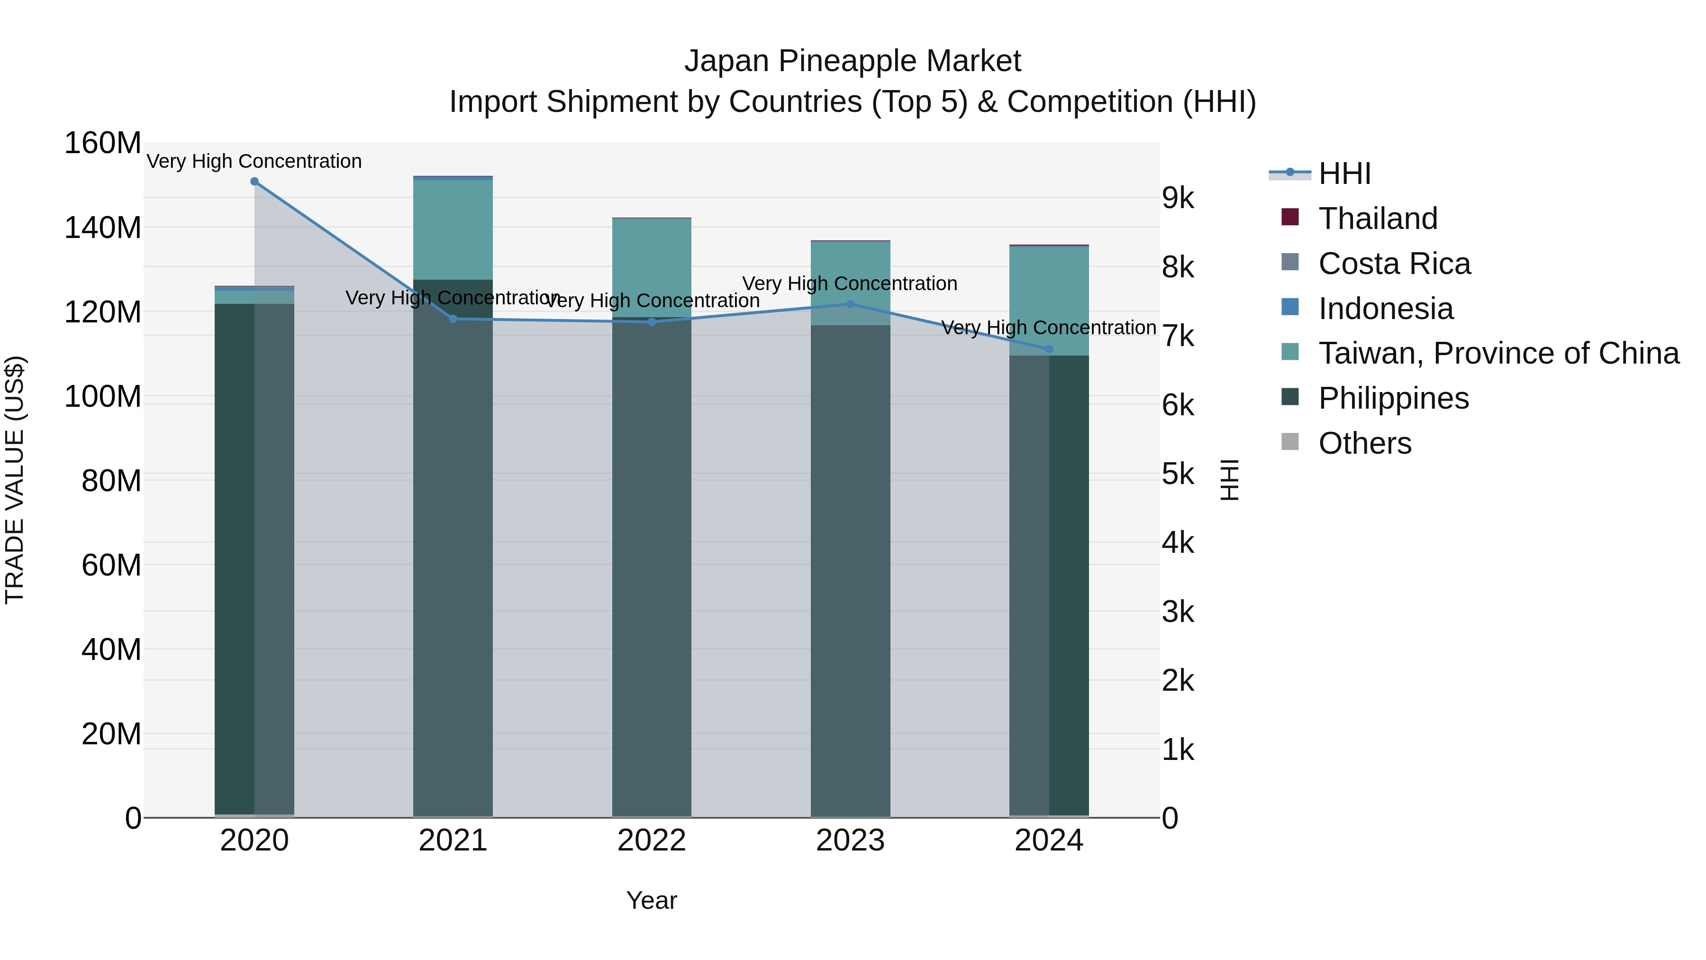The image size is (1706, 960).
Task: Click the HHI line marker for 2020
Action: (x=254, y=182)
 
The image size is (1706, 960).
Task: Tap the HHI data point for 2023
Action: (x=850, y=304)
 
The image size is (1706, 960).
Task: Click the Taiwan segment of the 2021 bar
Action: (x=453, y=229)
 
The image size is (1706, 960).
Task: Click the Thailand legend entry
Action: (x=1378, y=219)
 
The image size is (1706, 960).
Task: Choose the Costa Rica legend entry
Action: (x=1394, y=264)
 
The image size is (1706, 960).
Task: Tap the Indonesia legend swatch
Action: (x=1290, y=307)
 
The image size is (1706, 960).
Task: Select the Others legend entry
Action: (x=1364, y=443)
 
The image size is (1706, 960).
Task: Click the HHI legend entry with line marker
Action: (x=1344, y=174)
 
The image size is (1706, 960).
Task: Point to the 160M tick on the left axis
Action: (x=103, y=143)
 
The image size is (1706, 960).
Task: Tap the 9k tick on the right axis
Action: (x=1178, y=198)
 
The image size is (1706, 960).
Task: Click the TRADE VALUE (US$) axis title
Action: (x=15, y=480)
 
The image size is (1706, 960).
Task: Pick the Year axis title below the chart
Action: (x=652, y=900)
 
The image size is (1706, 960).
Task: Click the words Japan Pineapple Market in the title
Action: (x=853, y=61)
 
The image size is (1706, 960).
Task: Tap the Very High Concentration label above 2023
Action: (x=850, y=283)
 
